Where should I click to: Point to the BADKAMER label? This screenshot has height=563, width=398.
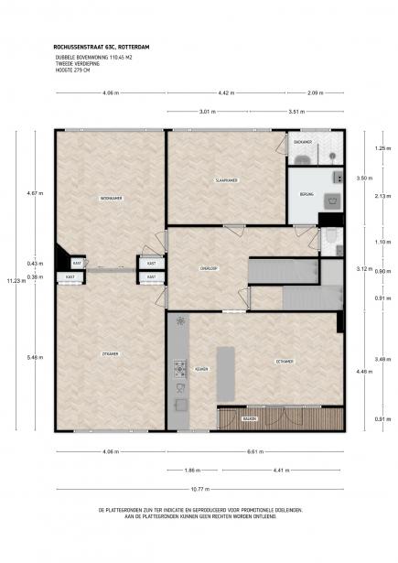pos(304,142)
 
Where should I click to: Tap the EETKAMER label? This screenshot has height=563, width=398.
pos(285,362)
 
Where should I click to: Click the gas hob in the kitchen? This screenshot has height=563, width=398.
pos(179,369)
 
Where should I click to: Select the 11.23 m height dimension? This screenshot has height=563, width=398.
pos(11,281)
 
